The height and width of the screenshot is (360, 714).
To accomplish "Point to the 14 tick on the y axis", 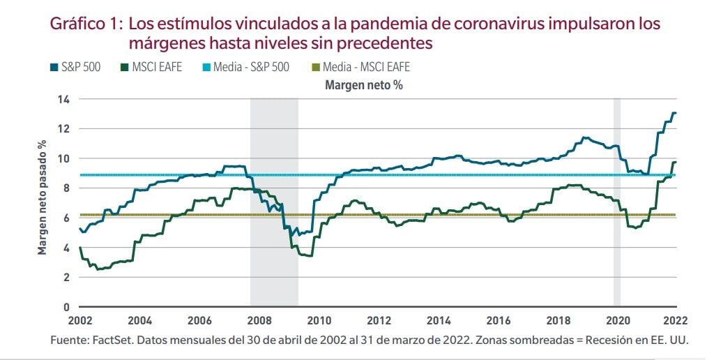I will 63,99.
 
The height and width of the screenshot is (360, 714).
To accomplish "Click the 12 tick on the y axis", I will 63,129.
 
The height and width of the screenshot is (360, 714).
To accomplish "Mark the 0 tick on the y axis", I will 67,307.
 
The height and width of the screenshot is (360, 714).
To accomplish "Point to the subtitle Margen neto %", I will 363,85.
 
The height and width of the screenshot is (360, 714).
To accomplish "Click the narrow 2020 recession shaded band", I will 616,202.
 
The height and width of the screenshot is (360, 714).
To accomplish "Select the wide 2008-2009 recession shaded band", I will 274,202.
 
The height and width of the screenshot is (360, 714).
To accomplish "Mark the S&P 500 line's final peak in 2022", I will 674,113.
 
